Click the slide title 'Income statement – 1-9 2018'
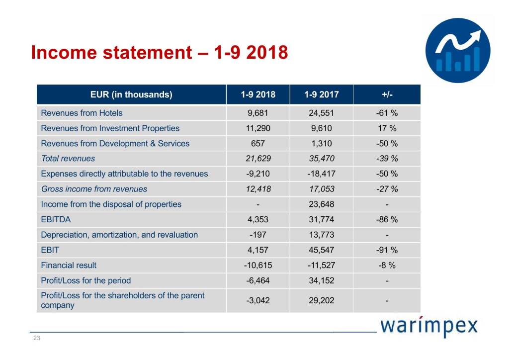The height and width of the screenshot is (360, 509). (x=159, y=52)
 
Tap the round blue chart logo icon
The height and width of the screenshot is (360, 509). (x=458, y=50)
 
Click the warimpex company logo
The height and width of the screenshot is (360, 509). (x=429, y=327)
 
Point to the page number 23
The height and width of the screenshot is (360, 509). (x=36, y=338)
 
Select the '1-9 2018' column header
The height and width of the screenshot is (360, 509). (x=258, y=94)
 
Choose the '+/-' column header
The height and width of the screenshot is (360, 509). (x=387, y=94)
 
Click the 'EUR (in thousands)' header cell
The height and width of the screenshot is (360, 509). (x=131, y=94)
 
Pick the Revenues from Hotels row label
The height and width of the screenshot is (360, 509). (x=82, y=113)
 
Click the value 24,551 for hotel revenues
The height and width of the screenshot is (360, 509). (x=321, y=113)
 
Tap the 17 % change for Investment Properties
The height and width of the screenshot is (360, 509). (x=387, y=128)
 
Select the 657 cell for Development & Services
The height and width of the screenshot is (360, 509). (x=258, y=144)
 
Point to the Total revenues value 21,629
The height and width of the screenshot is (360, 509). (x=258, y=159)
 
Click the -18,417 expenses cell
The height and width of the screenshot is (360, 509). (x=321, y=174)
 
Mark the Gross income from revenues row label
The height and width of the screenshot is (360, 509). (x=94, y=189)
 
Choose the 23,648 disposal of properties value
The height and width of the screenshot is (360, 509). (x=321, y=204)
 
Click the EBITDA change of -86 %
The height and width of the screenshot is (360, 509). (x=387, y=220)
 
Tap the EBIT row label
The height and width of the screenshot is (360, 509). (x=50, y=250)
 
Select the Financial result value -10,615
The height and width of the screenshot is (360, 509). (x=258, y=266)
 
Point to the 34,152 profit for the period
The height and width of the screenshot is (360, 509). (x=321, y=280)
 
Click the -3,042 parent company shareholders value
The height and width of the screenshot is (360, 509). (x=258, y=300)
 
